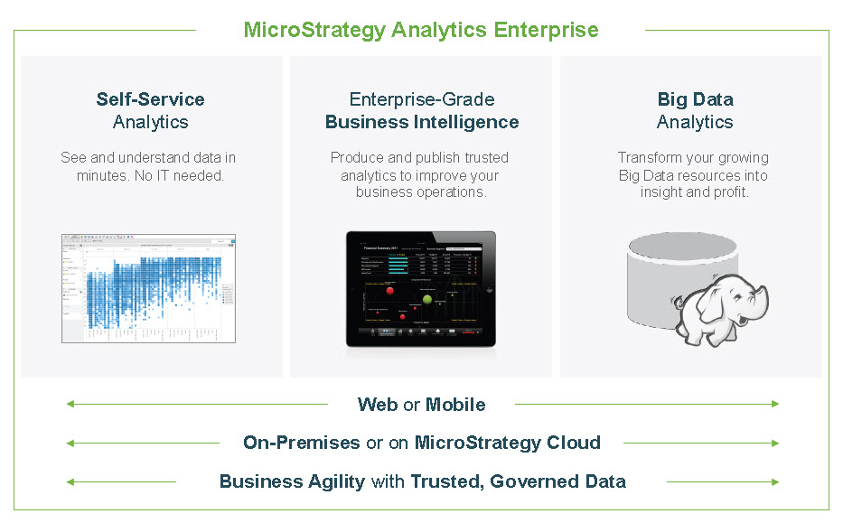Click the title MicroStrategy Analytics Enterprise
click(x=421, y=30)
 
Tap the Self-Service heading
click(x=151, y=99)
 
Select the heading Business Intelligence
click(x=422, y=122)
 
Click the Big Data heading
click(x=695, y=99)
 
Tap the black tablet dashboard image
click(x=421, y=289)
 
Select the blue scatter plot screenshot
click(x=149, y=288)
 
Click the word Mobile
click(x=455, y=405)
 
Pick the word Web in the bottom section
click(x=378, y=405)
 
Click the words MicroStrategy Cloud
click(x=507, y=443)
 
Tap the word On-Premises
click(x=301, y=443)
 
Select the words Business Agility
click(x=292, y=481)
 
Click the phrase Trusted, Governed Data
click(x=519, y=481)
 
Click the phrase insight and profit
click(x=695, y=192)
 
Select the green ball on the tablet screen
click(x=427, y=299)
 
